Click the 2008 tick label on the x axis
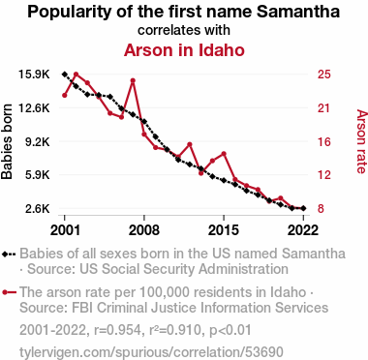144,229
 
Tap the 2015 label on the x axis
224,229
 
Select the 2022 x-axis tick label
303,229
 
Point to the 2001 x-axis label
65,229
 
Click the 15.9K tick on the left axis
34,75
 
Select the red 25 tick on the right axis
324,75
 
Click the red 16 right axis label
324,141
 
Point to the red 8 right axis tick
321,209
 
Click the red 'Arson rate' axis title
361,141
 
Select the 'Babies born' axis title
7,141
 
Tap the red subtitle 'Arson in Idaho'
184,50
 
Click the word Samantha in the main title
298,12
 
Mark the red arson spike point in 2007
133,80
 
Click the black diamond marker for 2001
65,75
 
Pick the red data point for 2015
224,154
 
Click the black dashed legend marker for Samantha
9,254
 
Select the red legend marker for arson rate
9,292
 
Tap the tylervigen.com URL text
151,352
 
